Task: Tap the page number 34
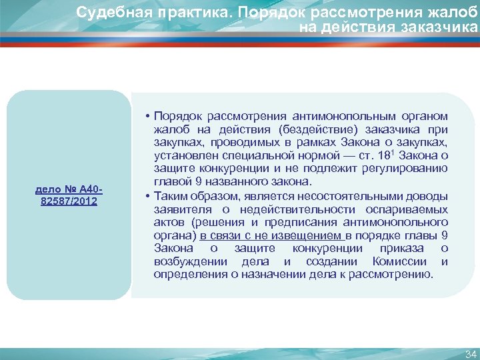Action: pos(470,353)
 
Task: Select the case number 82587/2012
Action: pos(69,201)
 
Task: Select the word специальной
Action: pos(259,155)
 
